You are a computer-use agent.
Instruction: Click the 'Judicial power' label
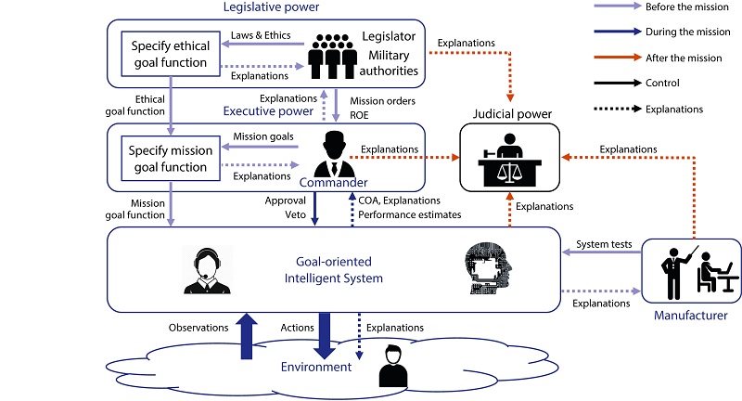click(509, 114)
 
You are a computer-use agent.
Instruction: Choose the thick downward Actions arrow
click(325, 335)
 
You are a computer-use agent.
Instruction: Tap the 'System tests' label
click(605, 244)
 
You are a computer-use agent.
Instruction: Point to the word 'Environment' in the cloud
click(316, 367)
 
